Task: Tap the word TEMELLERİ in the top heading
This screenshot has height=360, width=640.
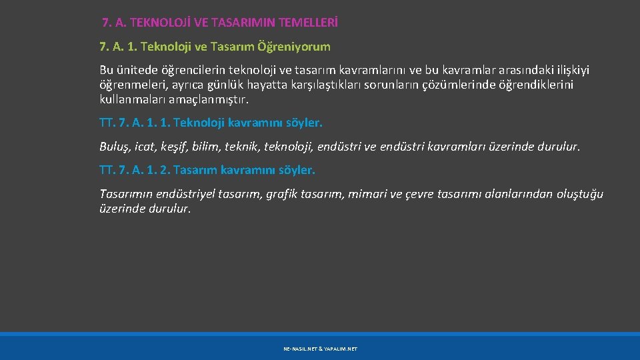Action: pos(309,23)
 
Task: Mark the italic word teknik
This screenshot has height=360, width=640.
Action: pos(235,147)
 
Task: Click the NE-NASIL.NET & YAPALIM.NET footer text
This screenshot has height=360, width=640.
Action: pos(320,349)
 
